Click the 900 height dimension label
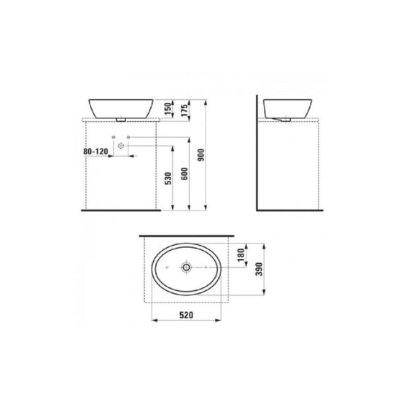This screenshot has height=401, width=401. point(201,155)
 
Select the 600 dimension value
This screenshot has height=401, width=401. point(184,174)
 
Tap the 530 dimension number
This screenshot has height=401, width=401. point(168,178)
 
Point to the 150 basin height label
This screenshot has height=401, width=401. point(168,109)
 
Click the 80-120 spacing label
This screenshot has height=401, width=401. point(96,152)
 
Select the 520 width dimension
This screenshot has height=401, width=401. point(186,315)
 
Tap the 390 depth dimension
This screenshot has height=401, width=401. point(260,269)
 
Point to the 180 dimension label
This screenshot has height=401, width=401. point(241,255)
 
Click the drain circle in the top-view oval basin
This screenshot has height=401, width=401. point(186,268)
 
